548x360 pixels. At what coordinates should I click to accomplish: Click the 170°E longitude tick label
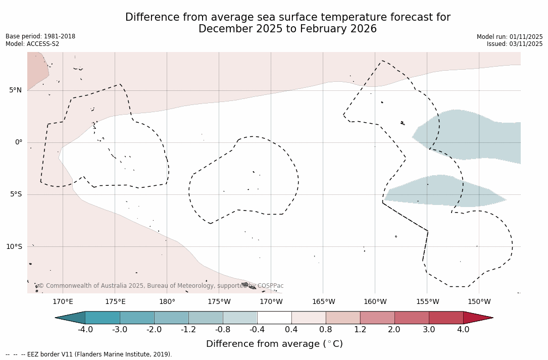coord(63,302)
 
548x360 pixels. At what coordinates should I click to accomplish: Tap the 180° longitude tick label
coord(167,302)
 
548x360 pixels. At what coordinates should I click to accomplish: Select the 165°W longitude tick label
coord(323,302)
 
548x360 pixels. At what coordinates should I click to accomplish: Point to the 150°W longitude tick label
coord(479,302)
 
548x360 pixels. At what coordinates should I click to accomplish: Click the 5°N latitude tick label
coord(15,90)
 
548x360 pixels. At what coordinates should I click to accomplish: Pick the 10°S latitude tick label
coord(14,247)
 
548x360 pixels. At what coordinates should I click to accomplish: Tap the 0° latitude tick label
coord(18,142)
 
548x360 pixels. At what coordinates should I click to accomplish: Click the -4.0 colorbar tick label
coord(85,330)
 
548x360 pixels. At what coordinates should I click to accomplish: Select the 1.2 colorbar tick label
coord(360,330)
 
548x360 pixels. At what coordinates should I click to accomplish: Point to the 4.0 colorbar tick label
coord(463,330)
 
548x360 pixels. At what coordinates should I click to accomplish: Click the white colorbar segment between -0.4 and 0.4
coord(274,318)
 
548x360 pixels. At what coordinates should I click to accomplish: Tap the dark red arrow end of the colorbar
coord(477,318)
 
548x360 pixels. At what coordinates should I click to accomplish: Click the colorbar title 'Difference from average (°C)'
coord(274,344)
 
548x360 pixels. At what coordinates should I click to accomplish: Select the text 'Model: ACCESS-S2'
coord(32,44)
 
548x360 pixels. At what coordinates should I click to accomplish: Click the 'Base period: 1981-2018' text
coord(40,36)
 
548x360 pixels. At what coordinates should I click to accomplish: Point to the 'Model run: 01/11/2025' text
coord(510,37)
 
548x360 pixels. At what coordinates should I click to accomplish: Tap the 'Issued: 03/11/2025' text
coord(515,44)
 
